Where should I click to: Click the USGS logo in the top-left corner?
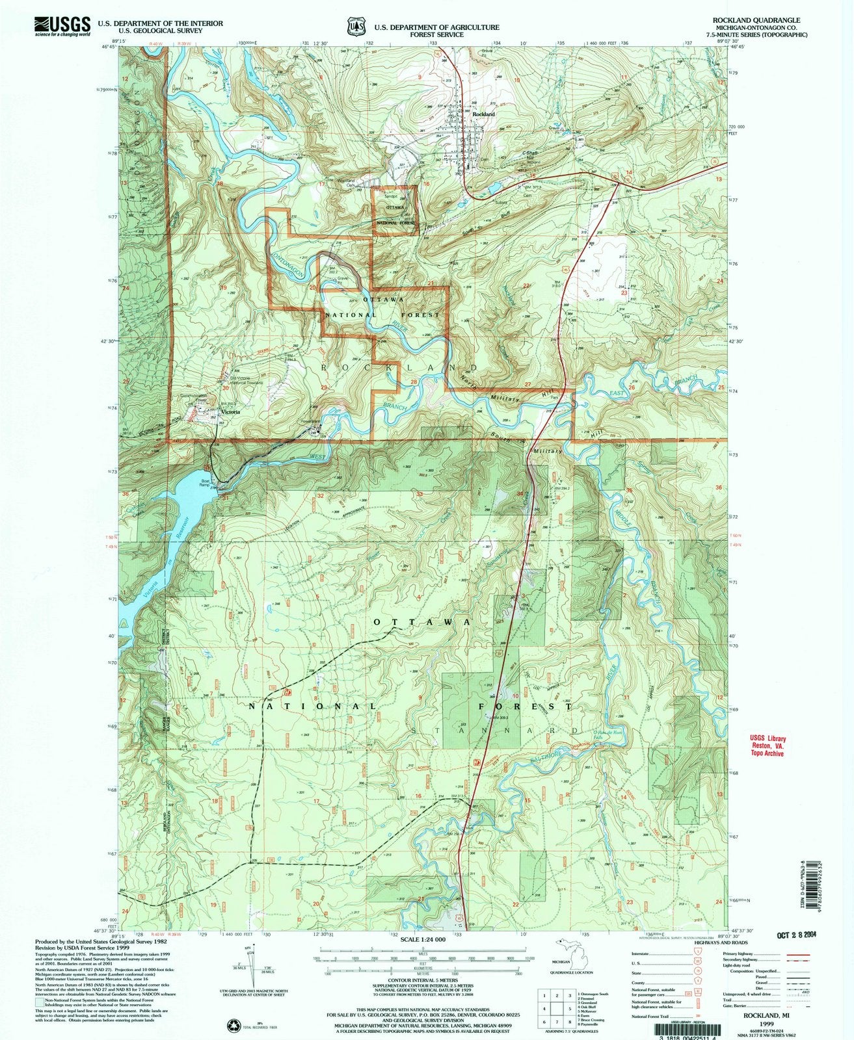(x=62, y=25)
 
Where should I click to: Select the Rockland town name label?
(x=484, y=114)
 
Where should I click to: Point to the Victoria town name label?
(x=230, y=412)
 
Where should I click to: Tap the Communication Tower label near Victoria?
(x=193, y=397)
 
